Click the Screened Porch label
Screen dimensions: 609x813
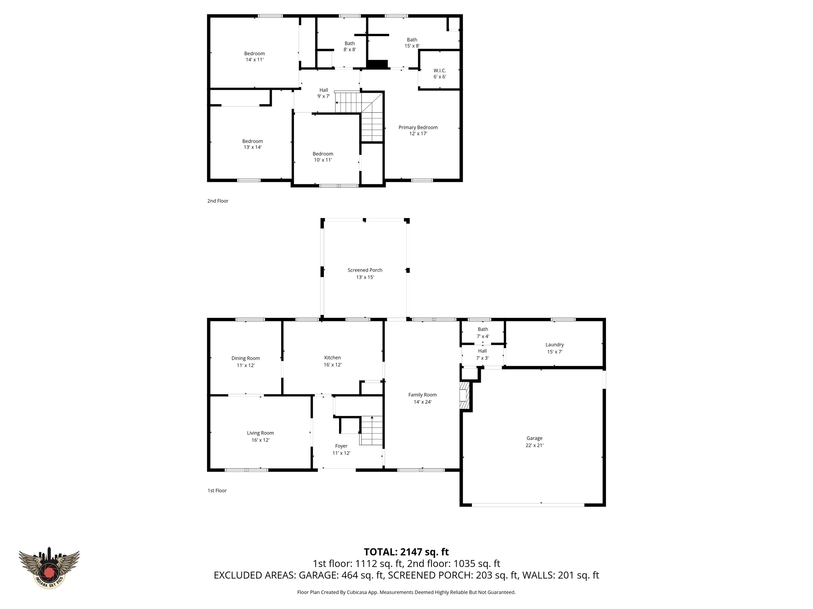click(365, 270)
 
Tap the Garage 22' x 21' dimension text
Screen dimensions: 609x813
click(534, 445)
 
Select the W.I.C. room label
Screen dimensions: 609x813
click(440, 71)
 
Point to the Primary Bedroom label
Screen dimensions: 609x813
click(418, 127)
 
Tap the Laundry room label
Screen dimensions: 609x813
click(554, 345)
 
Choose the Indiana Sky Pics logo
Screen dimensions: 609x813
click(49, 568)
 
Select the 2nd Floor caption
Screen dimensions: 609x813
click(218, 201)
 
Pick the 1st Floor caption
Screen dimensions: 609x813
click(217, 490)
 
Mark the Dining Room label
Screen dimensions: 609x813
click(246, 358)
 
